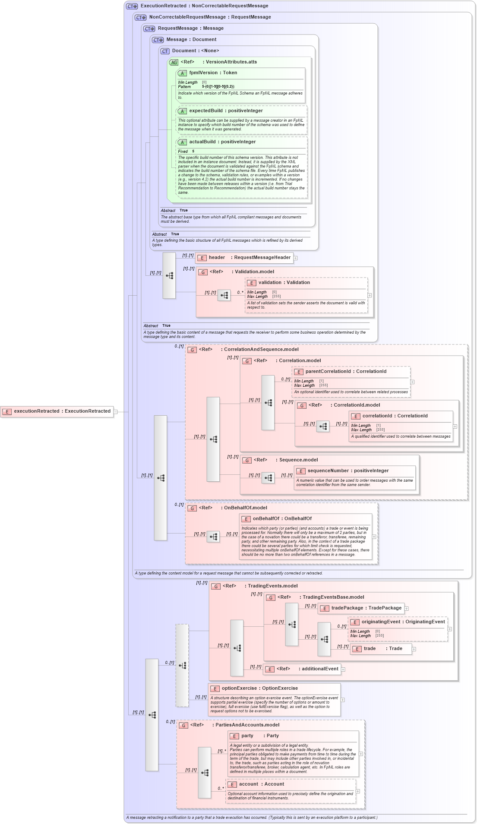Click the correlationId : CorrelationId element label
395,416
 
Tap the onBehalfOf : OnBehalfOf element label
282,519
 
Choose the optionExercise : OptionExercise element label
259,688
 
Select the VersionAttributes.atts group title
231,62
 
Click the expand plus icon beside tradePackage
407,609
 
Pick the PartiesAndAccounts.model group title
247,725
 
